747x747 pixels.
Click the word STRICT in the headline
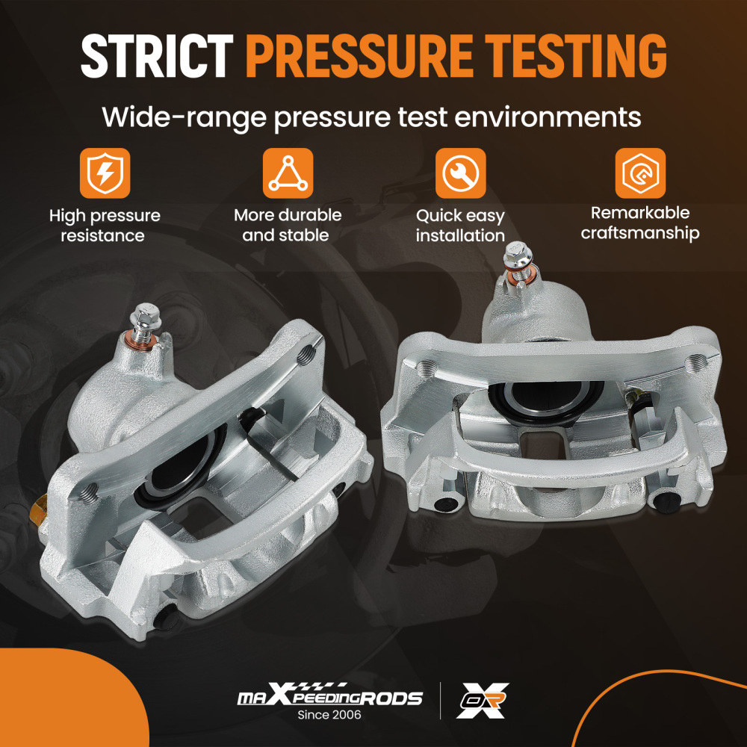[157, 56]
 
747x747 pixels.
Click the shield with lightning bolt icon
[105, 173]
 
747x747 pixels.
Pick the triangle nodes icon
[288, 173]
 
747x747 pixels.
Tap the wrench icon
[460, 173]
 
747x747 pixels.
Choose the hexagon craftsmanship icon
[640, 173]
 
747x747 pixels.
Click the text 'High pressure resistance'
[105, 226]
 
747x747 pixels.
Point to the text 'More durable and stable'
[288, 225]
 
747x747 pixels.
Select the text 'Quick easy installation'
[460, 226]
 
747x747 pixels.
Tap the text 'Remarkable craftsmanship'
[640, 223]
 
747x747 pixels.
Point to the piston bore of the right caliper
[547, 399]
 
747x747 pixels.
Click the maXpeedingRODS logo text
[329, 694]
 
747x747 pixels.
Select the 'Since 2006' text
[329, 715]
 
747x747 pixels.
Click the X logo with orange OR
[483, 700]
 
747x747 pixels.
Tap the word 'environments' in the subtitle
[548, 117]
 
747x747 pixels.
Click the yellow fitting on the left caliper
[39, 512]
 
